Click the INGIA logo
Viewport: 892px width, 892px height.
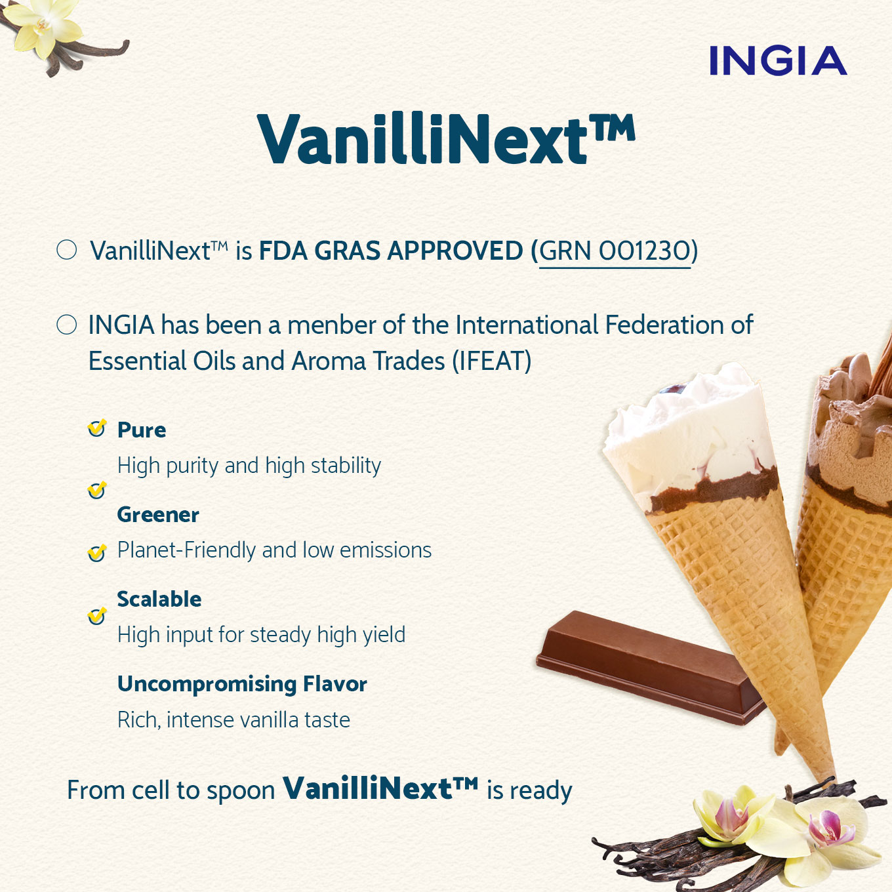click(778, 61)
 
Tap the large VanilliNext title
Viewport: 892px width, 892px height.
click(446, 140)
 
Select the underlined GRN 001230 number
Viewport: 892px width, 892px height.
click(615, 251)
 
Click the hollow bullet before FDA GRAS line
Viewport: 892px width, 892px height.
click(66, 250)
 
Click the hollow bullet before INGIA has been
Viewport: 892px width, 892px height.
click(66, 325)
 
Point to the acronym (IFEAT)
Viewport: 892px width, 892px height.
click(492, 361)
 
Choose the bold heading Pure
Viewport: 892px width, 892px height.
click(142, 430)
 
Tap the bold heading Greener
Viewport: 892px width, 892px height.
click(158, 515)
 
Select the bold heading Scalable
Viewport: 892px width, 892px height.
click(159, 599)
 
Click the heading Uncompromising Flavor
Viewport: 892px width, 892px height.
click(242, 684)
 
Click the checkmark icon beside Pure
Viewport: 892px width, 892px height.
click(97, 428)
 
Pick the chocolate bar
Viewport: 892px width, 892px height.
click(649, 666)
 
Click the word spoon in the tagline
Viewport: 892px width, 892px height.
click(241, 791)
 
